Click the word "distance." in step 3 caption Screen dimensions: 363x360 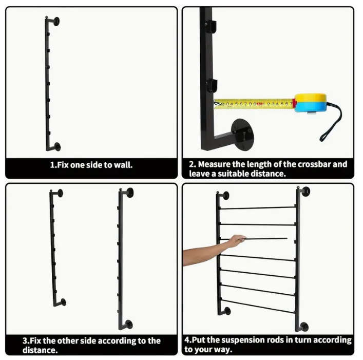(40, 350)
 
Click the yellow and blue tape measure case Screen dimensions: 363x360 (311, 103)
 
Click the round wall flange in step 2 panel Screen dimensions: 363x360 (242, 135)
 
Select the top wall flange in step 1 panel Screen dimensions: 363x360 (56, 21)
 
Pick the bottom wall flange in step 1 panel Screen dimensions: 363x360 (57, 146)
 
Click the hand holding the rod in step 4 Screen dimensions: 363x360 (236, 241)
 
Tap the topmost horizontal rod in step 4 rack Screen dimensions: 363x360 (257, 208)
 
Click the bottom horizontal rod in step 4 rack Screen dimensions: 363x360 (257, 306)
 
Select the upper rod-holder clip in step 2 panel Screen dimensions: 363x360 (211, 26)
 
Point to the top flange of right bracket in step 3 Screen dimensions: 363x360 (129, 193)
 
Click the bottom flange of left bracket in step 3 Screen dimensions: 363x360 (63, 302)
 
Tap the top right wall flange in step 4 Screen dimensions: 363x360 (306, 192)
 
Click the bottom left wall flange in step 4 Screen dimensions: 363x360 (227, 311)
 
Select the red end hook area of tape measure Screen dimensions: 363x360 (294, 103)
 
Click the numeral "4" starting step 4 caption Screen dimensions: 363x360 (187, 340)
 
